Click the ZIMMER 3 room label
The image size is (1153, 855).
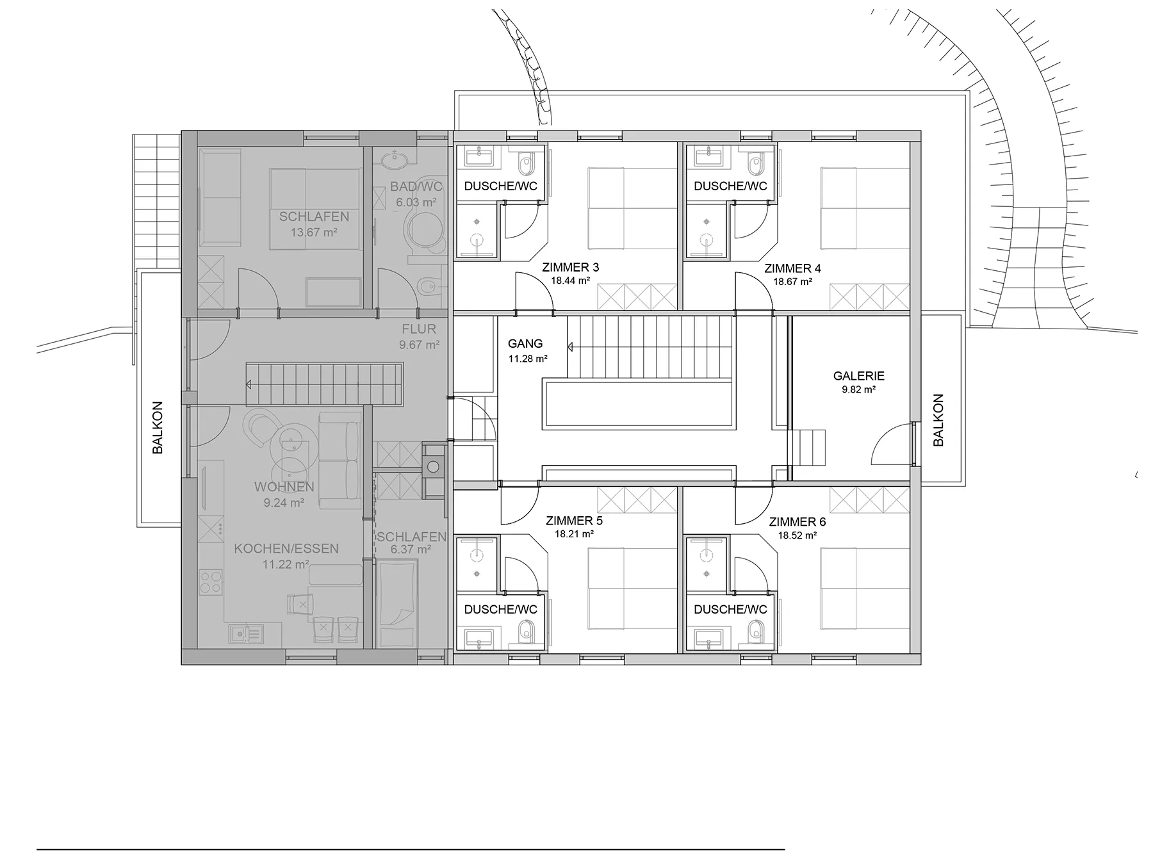(570, 267)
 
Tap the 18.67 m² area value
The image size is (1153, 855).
(792, 281)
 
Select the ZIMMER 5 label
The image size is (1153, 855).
(574, 521)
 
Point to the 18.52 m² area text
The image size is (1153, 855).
(797, 535)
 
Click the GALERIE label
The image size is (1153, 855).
(858, 376)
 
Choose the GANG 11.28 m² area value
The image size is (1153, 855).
(528, 359)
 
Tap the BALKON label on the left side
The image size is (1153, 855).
(158, 428)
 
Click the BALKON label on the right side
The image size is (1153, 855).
(938, 420)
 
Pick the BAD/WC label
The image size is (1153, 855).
(416, 188)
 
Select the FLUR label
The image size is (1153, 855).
(419, 329)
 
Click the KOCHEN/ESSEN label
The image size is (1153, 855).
(286, 549)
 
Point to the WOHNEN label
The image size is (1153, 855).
(284, 487)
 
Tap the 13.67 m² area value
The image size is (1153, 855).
(314, 232)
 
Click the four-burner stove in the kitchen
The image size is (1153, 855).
(211, 582)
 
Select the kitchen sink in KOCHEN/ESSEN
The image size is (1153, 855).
(245, 634)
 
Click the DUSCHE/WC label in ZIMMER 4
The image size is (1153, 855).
(730, 186)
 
